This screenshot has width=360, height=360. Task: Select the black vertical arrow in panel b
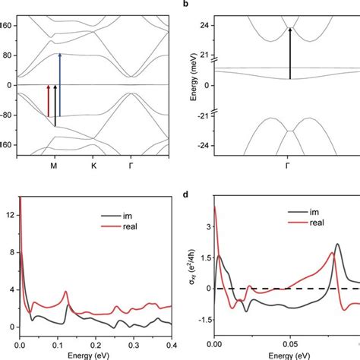click(x=289, y=53)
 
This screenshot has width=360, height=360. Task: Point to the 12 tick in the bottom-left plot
click(x=10, y=216)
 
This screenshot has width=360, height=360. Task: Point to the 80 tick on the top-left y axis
click(x=10, y=55)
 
